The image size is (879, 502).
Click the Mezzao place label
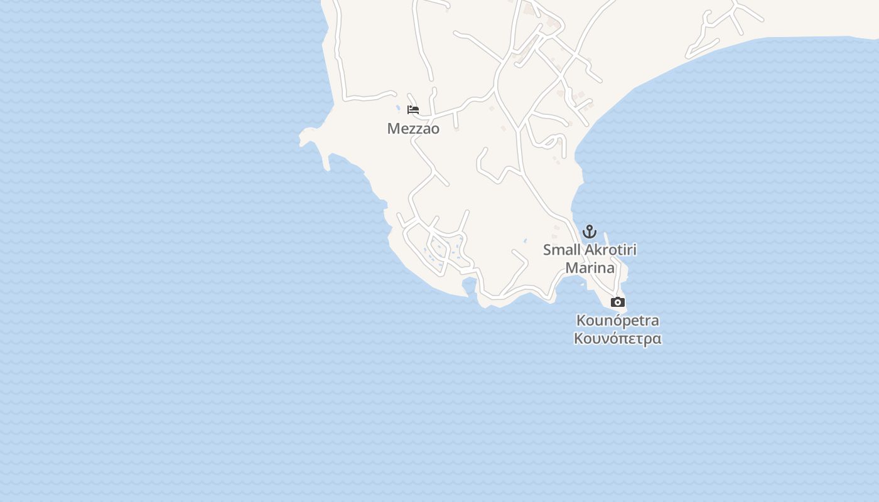click(x=413, y=129)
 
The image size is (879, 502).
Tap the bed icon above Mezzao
click(x=413, y=109)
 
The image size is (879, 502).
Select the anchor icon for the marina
click(x=589, y=231)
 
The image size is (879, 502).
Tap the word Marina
click(x=590, y=268)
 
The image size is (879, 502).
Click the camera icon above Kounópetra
click(x=618, y=302)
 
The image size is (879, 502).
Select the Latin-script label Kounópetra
click(x=618, y=321)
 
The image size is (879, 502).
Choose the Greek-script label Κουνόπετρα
click(x=618, y=339)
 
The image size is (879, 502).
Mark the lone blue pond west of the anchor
click(x=526, y=240)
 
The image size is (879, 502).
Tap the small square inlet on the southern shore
click(x=468, y=286)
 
